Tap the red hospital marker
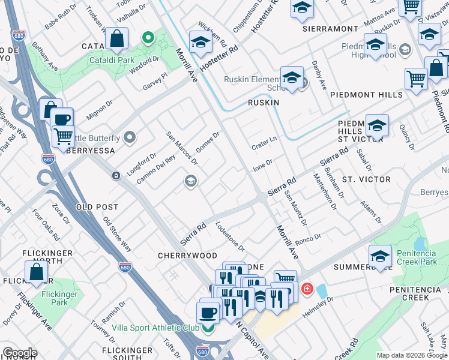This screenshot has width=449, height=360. pyautogui.click(x=307, y=290)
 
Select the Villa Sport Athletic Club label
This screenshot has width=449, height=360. pyautogui.click(x=155, y=328)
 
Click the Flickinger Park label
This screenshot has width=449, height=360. pyautogui.click(x=60, y=298)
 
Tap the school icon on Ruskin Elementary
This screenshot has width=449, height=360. pyautogui.click(x=292, y=78)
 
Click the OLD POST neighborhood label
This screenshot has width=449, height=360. pyautogui.click(x=97, y=207)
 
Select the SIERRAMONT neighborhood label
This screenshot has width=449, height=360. pyautogui.click(x=330, y=28)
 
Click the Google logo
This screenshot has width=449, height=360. pyautogui.click(x=20, y=353)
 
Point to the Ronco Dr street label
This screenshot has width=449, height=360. pyautogui.click(x=309, y=238)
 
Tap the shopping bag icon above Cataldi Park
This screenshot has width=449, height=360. pyautogui.click(x=116, y=39)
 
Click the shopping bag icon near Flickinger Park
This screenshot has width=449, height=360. pyautogui.click(x=37, y=272)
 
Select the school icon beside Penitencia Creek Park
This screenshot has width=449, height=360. pyautogui.click(x=380, y=257)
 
